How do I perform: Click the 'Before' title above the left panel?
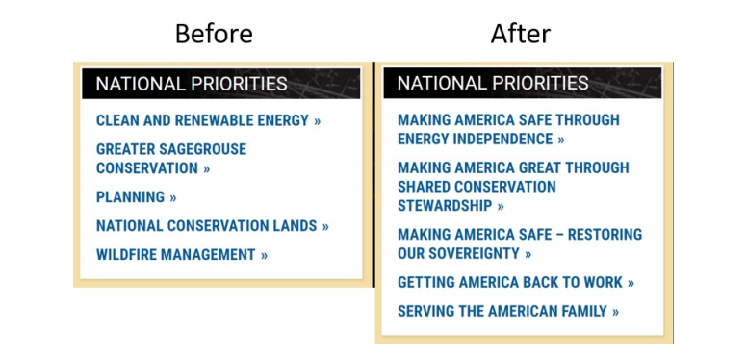[213, 35]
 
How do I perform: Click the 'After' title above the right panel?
[520, 35]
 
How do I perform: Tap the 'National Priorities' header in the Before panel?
[192, 84]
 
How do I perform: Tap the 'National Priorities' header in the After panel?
[493, 83]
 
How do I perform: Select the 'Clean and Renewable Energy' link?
[208, 120]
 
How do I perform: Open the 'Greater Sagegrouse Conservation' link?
[170, 159]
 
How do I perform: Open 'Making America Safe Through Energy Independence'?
[508, 130]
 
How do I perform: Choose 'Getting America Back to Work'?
[516, 283]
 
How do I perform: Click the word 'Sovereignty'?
[471, 254]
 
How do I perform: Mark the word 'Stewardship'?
[445, 206]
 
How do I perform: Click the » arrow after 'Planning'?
[173, 197]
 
